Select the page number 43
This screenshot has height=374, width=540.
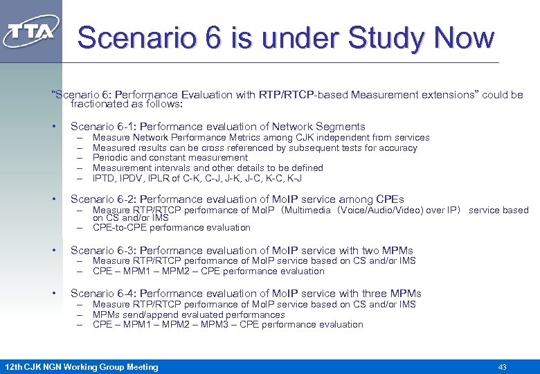click(x=503, y=367)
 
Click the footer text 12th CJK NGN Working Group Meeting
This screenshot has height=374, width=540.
click(x=82, y=367)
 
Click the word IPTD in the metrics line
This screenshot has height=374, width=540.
click(x=104, y=178)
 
